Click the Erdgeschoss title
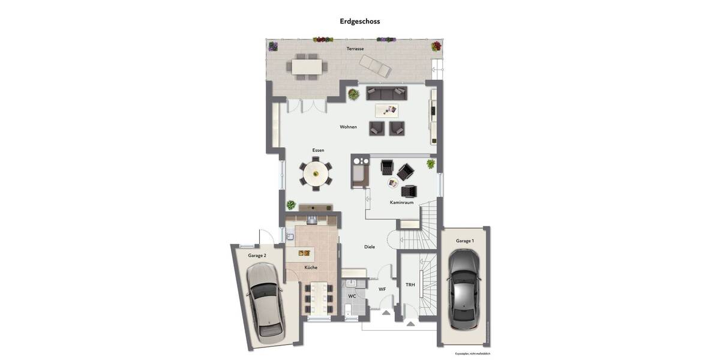pyautogui.click(x=360, y=21)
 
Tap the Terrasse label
pyautogui.click(x=355, y=49)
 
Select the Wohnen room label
pyautogui.click(x=348, y=127)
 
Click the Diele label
pyautogui.click(x=370, y=247)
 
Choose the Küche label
pyautogui.click(x=311, y=267)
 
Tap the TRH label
pyautogui.click(x=410, y=284)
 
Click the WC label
pyautogui.click(x=352, y=296)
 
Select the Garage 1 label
pyautogui.click(x=464, y=241)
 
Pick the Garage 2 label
pyautogui.click(x=257, y=255)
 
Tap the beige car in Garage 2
pyautogui.click(x=264, y=301)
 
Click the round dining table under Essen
pyautogui.click(x=315, y=174)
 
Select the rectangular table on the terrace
pyautogui.click(x=307, y=65)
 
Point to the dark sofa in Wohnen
pyautogui.click(x=386, y=93)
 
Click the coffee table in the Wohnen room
pyautogui.click(x=387, y=110)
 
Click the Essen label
pyautogui.click(x=318, y=149)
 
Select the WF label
pyautogui.click(x=382, y=289)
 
